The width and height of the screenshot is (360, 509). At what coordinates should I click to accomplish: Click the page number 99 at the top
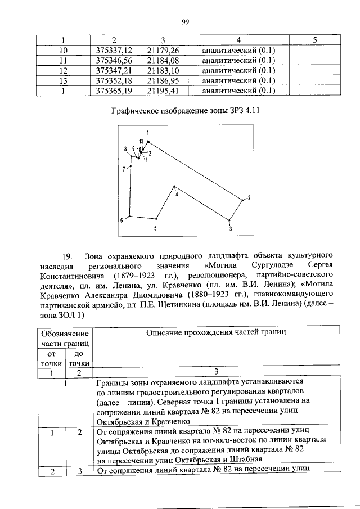(x=185, y=22)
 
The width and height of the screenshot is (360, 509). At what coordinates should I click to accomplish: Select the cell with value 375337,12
(x=114, y=50)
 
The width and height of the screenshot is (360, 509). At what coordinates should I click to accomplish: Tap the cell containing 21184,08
(x=162, y=60)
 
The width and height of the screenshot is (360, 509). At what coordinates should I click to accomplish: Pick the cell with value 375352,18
(x=114, y=80)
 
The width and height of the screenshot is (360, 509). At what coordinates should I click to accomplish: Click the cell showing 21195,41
(x=162, y=91)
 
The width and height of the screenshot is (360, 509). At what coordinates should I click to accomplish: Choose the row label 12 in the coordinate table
(x=63, y=70)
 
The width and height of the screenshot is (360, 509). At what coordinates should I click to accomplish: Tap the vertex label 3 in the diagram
(x=230, y=229)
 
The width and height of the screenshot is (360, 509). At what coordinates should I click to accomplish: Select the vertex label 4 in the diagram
(x=177, y=194)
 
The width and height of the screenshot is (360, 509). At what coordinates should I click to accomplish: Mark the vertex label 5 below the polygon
(x=155, y=229)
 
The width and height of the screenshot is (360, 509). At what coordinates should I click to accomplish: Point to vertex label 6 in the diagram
(x=121, y=220)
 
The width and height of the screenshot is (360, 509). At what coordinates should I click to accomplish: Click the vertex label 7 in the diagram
(x=124, y=169)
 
